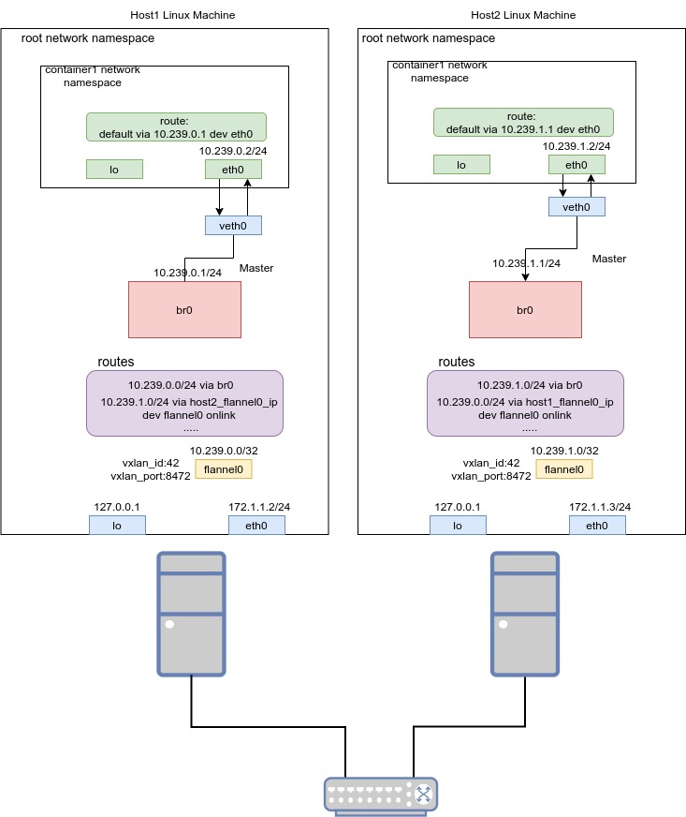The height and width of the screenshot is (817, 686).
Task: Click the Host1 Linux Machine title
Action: (182, 15)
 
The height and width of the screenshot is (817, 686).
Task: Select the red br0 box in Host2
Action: (524, 308)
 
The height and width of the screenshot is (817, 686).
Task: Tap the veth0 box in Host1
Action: (233, 225)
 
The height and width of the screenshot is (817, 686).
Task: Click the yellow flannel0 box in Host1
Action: (223, 469)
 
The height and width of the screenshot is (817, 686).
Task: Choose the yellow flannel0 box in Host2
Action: (563, 469)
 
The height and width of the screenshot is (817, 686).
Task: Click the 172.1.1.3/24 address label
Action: (600, 507)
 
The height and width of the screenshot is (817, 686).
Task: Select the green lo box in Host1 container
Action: (114, 169)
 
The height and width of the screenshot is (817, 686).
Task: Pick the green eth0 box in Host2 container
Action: (577, 165)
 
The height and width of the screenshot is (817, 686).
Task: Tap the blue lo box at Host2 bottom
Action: (458, 526)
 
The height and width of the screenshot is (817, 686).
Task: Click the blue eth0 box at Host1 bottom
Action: (256, 526)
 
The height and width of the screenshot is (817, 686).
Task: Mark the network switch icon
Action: (381, 794)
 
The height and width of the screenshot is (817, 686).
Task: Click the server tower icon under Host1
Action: (192, 614)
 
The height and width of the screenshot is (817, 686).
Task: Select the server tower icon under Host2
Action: (525, 614)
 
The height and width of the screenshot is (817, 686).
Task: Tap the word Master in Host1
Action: (256, 268)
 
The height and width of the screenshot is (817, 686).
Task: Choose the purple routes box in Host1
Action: (184, 403)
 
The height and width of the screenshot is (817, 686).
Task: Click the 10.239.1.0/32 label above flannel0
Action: (563, 451)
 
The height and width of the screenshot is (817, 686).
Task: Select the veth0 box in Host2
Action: (577, 206)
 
